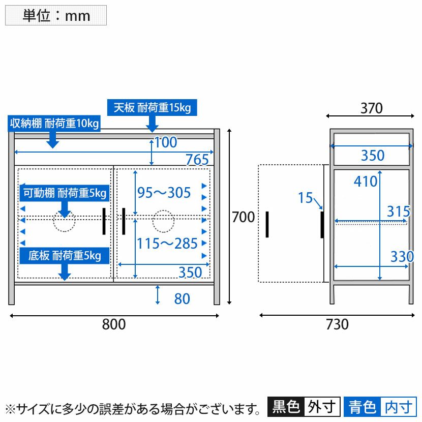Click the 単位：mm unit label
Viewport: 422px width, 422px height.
56,15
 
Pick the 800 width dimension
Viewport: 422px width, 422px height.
114,324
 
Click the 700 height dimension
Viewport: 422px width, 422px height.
243,218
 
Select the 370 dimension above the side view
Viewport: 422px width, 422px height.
371,108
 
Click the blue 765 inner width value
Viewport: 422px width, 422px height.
197,160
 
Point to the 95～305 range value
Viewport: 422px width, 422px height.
164,193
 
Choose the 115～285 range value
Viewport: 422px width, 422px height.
167,244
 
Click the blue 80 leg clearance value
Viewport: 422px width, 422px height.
182,298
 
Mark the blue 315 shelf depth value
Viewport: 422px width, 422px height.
399,211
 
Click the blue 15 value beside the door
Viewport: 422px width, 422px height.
305,198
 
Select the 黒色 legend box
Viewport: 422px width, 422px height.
286,407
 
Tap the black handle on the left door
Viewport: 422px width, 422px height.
104,221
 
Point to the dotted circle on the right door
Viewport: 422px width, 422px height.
164,221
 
